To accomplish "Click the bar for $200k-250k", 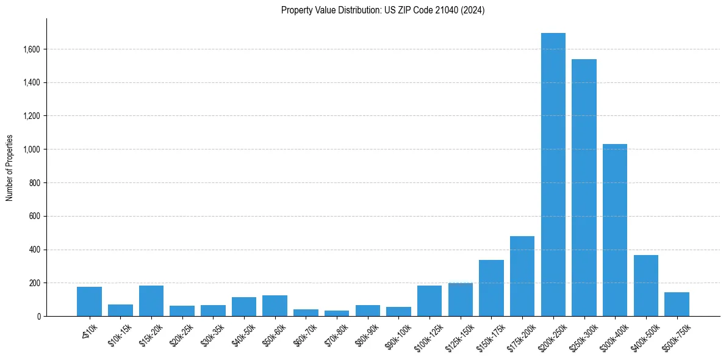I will click(x=553, y=175).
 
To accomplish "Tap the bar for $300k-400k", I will click(x=615, y=230).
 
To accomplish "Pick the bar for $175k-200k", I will click(x=522, y=276).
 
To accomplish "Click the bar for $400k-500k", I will click(x=645, y=286).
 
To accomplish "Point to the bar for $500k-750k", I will click(x=677, y=304).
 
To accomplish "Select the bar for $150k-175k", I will click(x=491, y=288).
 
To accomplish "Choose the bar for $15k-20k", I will click(x=151, y=301).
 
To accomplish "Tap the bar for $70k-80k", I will click(x=337, y=313).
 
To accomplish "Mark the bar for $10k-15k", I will click(x=120, y=310).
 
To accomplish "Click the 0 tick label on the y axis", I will click(x=38, y=317).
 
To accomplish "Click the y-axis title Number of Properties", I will click(x=10, y=167).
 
